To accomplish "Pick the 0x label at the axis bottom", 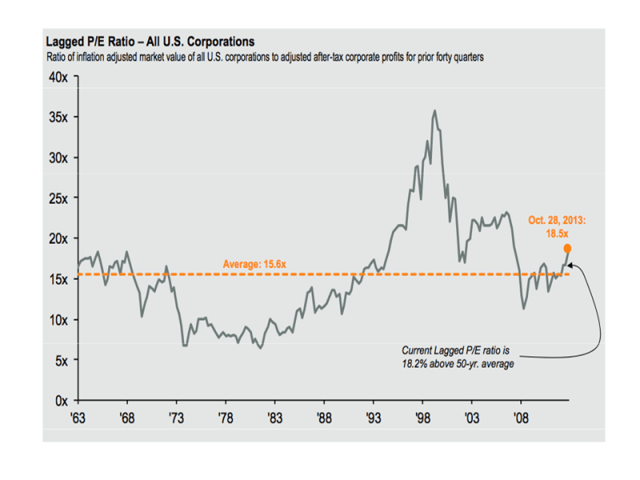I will pos(62,401).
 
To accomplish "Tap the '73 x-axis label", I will pos(175,417).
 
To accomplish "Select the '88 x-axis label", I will pos(323,417).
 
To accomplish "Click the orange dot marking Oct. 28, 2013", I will pos(567,249).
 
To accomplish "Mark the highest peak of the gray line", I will pos(434,111).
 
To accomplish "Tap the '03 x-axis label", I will pos(471,417).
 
